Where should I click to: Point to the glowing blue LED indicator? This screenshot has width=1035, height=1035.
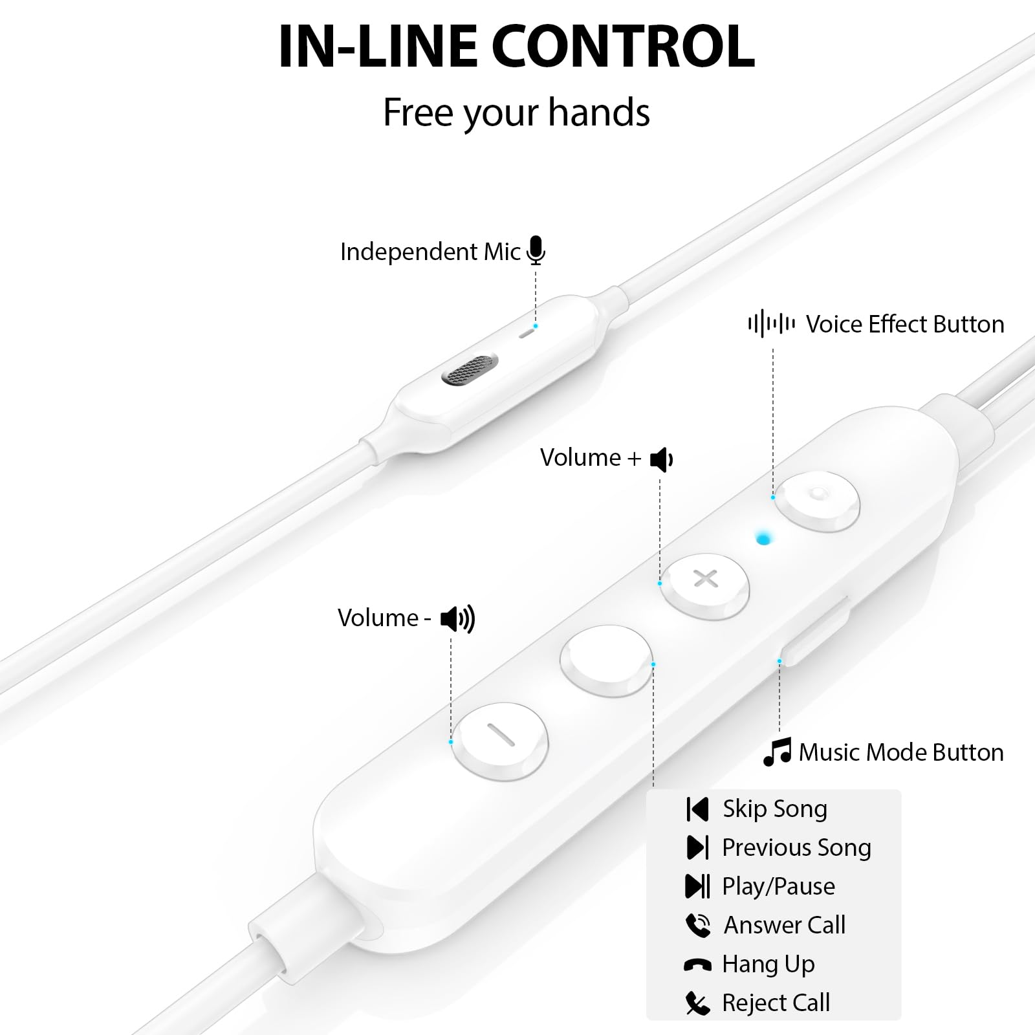point(764,538)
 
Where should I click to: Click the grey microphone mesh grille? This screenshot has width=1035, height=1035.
point(470,369)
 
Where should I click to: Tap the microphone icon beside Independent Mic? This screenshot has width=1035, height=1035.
point(536,250)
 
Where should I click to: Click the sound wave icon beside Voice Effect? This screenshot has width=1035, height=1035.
point(771,323)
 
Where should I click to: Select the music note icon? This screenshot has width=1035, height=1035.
point(778,752)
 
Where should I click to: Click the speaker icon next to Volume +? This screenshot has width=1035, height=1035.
point(662,459)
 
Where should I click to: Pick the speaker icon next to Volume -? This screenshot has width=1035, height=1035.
point(457,619)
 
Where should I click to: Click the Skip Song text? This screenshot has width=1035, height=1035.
point(775,809)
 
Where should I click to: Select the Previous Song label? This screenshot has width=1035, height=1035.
point(796,847)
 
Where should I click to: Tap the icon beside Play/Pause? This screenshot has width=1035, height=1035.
point(697,886)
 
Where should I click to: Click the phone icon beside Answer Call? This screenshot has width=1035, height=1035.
point(698,925)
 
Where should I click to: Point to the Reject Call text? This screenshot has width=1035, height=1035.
point(776,1003)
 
